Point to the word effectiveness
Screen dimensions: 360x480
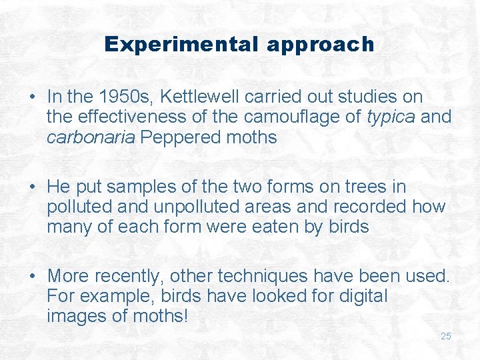(135, 118)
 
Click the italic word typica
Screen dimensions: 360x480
(391, 118)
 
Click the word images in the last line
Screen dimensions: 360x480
(79, 315)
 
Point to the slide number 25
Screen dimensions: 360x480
(446, 336)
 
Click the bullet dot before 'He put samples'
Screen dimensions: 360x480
(33, 187)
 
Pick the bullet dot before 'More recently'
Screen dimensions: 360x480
(33, 276)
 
